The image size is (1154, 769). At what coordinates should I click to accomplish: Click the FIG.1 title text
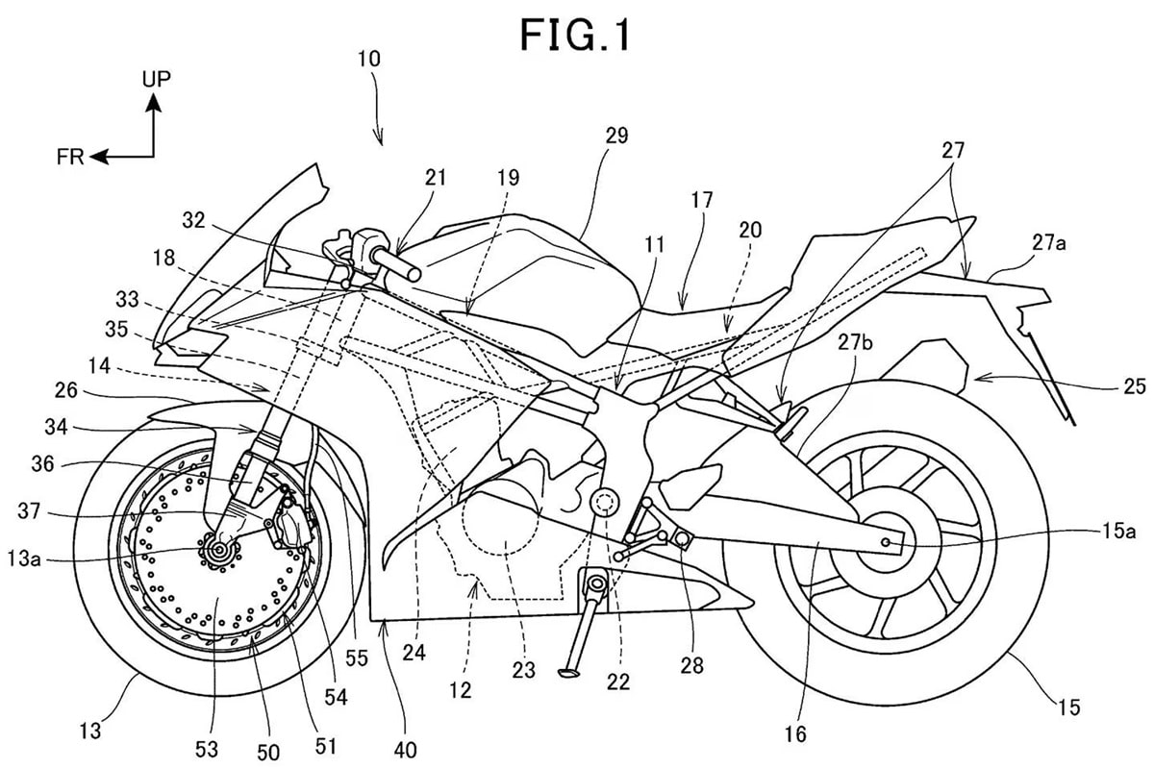click(576, 36)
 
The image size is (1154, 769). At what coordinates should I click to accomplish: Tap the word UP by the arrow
click(157, 79)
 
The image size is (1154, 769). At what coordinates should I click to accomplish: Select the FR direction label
click(70, 158)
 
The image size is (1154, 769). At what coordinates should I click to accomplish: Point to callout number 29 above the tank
click(615, 136)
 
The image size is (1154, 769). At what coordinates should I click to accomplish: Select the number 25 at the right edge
click(1134, 386)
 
